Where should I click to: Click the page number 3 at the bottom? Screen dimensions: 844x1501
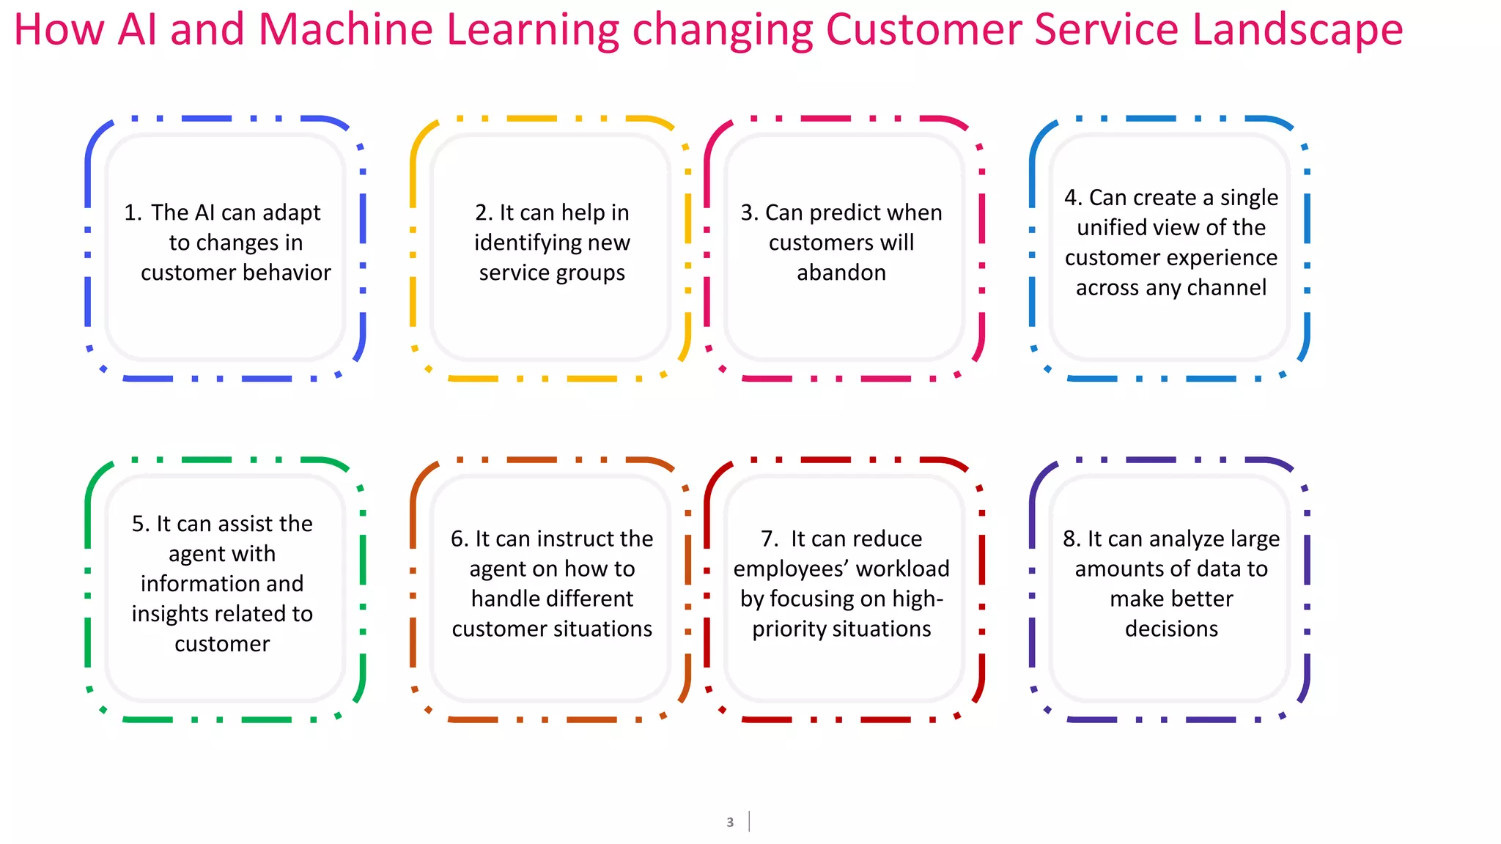coord(730,822)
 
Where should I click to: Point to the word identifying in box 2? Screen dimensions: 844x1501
coord(529,243)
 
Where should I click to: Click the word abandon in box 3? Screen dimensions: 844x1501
coord(841,273)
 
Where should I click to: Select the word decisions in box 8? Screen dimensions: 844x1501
coord(1171,629)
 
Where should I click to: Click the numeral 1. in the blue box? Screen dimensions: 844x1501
coord(133,212)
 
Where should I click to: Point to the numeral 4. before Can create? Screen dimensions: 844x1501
coord(1073,198)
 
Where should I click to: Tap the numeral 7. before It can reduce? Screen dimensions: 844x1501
coord(770,539)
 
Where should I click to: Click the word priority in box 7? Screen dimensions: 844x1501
coord(783,629)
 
